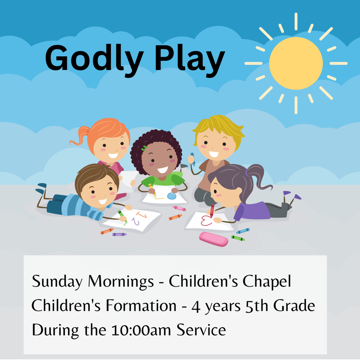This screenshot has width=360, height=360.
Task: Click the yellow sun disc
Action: tap(296, 63)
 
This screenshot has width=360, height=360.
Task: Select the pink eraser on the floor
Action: tap(214, 239)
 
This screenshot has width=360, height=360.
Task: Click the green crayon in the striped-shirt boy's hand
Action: tap(122, 216)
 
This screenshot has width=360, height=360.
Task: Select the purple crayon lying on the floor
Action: tap(119, 234)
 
